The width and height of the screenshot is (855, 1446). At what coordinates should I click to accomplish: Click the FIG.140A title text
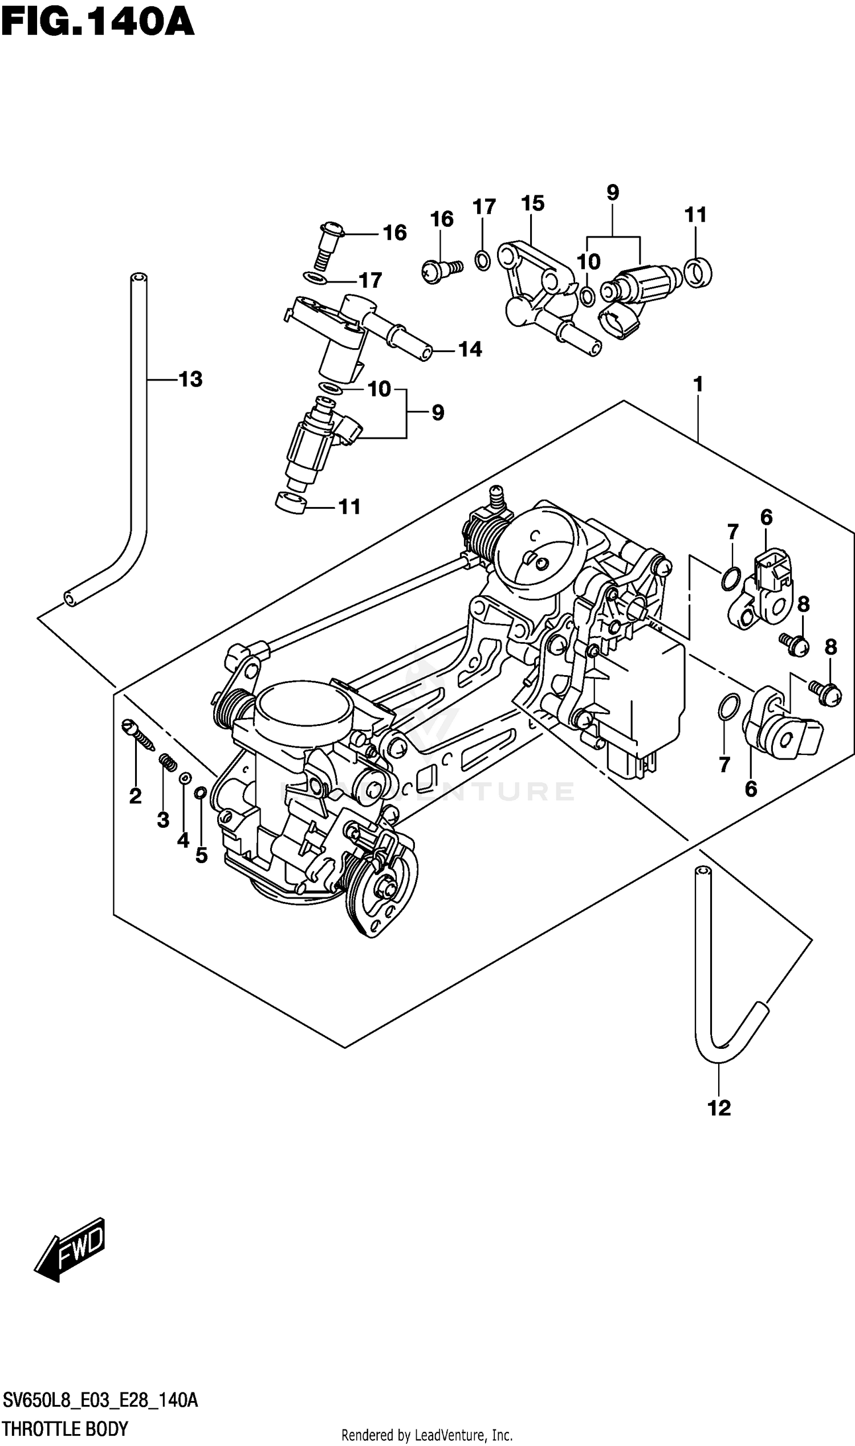98,22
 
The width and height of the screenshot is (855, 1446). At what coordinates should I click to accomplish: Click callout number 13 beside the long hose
191,379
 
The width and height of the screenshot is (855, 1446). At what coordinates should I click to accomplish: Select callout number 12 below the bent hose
719,1108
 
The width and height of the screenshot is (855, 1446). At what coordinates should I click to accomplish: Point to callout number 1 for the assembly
698,384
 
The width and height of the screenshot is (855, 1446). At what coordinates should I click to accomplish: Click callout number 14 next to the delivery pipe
470,349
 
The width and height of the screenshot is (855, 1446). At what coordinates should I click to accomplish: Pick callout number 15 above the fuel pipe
532,203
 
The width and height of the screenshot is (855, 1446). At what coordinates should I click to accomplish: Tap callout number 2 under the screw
136,796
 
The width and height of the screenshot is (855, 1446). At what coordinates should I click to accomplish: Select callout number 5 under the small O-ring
201,856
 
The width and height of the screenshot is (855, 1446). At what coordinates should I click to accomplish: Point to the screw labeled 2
139,736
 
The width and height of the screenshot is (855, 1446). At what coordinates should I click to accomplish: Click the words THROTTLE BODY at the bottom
64,1429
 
